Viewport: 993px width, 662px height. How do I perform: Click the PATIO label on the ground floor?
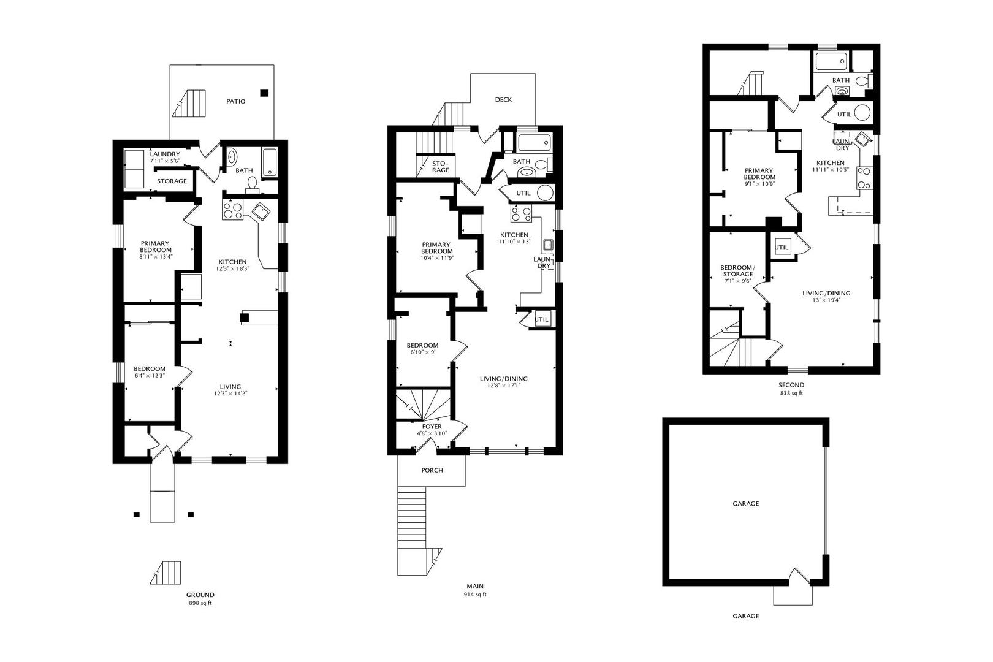[235, 101]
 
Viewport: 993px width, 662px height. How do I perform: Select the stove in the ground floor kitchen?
[232, 210]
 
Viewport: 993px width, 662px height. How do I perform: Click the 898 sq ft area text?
[200, 603]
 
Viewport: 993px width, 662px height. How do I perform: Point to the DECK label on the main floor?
[503, 100]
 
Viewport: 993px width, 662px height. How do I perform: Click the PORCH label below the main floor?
[432, 470]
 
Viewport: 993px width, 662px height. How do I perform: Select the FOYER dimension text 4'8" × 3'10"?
[432, 433]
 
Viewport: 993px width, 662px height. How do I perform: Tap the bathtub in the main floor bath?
[534, 143]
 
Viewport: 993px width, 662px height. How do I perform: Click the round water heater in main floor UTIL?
[545, 193]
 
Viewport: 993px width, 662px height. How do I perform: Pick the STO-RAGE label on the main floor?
[440, 167]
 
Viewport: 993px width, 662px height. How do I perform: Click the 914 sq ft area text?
[475, 594]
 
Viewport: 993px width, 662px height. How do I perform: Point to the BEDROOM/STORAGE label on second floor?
[737, 271]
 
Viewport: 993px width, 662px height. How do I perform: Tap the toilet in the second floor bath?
[864, 81]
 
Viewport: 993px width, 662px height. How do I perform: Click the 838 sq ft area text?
[791, 393]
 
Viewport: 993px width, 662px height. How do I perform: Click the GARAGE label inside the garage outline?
[745, 503]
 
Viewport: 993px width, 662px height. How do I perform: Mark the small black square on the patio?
[264, 93]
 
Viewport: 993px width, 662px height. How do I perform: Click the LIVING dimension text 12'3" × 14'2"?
[230, 394]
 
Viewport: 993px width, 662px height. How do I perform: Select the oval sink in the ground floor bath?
[232, 158]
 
